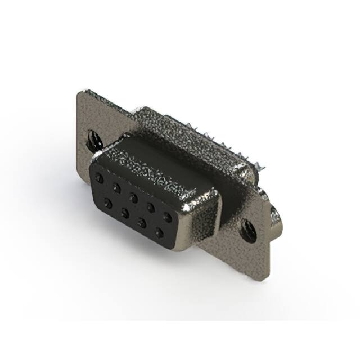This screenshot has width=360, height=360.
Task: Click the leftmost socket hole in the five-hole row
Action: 100,178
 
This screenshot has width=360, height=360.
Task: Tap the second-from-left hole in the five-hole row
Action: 116,186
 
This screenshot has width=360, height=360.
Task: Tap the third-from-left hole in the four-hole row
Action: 142,223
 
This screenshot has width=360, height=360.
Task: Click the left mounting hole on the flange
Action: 92,138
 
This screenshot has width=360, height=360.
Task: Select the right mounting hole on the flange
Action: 247,228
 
